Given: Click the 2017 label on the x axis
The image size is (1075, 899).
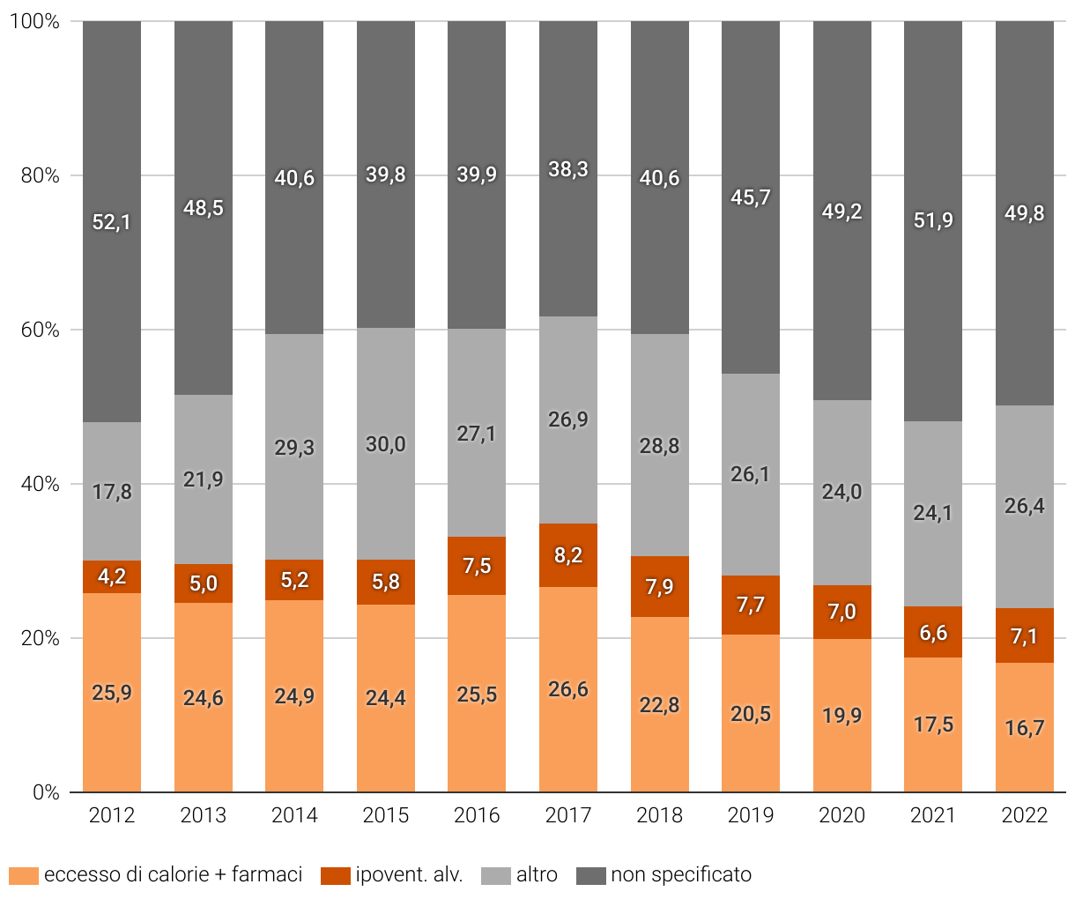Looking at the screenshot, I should point(568,815).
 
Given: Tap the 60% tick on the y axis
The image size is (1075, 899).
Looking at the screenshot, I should point(41,330).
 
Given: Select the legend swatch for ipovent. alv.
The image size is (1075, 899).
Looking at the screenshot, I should point(336,875).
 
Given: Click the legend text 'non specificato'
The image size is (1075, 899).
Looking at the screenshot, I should point(681,874).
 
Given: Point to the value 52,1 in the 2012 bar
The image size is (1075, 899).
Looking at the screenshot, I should point(112,222).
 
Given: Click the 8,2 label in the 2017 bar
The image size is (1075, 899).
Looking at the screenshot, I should point(568,555).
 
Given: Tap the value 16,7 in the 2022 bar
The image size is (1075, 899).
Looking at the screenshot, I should point(1025,728).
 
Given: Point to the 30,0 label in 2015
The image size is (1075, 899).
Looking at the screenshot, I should point(386,444).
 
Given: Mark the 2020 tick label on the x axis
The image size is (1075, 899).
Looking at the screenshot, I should point(842,815).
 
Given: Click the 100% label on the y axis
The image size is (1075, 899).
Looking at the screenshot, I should point(35,21).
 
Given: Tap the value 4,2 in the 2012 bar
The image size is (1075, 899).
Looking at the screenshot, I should point(112,576).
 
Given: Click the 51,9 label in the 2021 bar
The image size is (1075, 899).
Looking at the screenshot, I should point(933,220).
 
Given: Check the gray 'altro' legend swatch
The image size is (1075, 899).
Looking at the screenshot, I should point(496,875).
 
